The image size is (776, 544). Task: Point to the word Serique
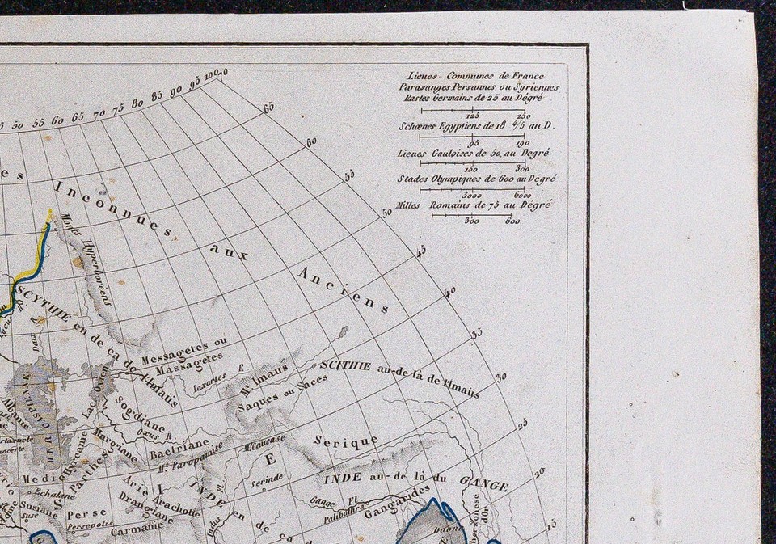coord(346,442)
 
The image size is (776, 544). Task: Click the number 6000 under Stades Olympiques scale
coord(521,195)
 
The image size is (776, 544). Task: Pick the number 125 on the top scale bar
coord(473,116)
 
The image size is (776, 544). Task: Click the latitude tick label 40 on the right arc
coord(450,291)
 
